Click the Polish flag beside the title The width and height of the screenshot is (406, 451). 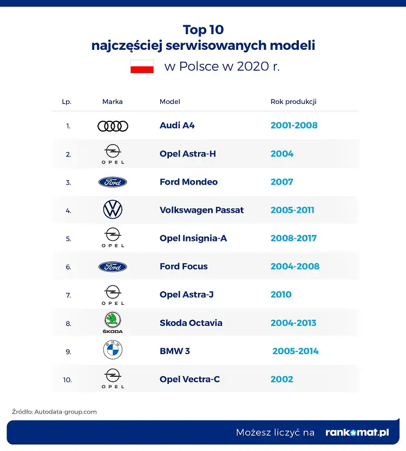pyautogui.click(x=142, y=67)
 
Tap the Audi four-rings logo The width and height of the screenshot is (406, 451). pyautogui.click(x=113, y=126)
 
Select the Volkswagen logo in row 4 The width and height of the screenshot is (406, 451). pyautogui.click(x=113, y=210)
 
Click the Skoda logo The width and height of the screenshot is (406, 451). pyautogui.click(x=113, y=322)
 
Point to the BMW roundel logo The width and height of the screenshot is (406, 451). pyautogui.click(x=113, y=350)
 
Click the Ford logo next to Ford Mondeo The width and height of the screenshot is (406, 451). pyautogui.click(x=113, y=182)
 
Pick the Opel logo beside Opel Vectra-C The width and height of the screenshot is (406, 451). pyautogui.click(x=113, y=378)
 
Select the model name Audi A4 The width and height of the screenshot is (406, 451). pyautogui.click(x=177, y=126)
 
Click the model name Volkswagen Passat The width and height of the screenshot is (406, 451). pyautogui.click(x=201, y=210)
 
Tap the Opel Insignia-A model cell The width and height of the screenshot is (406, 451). pyautogui.click(x=193, y=238)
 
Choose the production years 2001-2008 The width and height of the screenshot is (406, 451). pyautogui.click(x=294, y=126)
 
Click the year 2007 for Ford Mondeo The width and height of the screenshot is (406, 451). pyautogui.click(x=281, y=182)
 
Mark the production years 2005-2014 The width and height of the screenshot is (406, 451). pyautogui.click(x=296, y=351)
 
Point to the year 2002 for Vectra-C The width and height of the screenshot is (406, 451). pyautogui.click(x=281, y=379)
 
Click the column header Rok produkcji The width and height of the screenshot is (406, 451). pyautogui.click(x=293, y=102)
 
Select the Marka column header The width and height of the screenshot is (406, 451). pyautogui.click(x=113, y=102)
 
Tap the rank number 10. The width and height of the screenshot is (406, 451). pyautogui.click(x=67, y=380)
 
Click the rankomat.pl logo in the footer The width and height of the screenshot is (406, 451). pyautogui.click(x=357, y=433)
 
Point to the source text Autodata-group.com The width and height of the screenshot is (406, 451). pyautogui.click(x=66, y=411)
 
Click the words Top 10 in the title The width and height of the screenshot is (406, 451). pyautogui.click(x=203, y=29)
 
